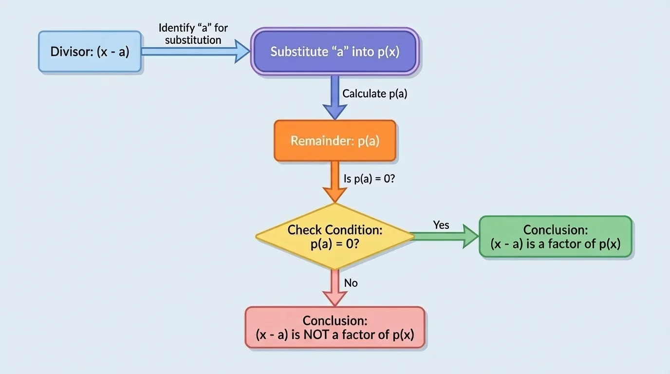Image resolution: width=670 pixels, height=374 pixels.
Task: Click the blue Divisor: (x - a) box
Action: (x=90, y=52)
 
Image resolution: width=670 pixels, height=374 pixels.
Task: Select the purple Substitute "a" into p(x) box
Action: (x=335, y=52)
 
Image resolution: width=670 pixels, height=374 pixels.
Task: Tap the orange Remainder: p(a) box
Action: (x=335, y=141)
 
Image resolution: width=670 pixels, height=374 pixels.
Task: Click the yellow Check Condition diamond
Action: (x=335, y=236)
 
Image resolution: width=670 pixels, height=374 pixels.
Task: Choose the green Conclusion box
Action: (x=556, y=237)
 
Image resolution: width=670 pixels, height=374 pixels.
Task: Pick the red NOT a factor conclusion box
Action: (x=335, y=327)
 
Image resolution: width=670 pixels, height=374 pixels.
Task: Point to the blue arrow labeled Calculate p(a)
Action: (x=335, y=97)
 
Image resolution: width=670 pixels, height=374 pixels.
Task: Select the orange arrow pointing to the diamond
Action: (x=335, y=181)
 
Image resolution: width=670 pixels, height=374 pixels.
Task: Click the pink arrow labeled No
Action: (x=335, y=287)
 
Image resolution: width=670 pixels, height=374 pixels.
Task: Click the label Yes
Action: (x=441, y=225)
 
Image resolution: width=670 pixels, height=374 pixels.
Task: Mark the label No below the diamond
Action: (x=351, y=283)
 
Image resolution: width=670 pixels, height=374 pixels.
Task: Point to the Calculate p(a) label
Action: (x=374, y=94)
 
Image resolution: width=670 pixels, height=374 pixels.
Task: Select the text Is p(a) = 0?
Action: (x=369, y=179)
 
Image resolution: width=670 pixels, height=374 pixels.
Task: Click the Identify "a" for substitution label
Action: (x=193, y=34)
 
